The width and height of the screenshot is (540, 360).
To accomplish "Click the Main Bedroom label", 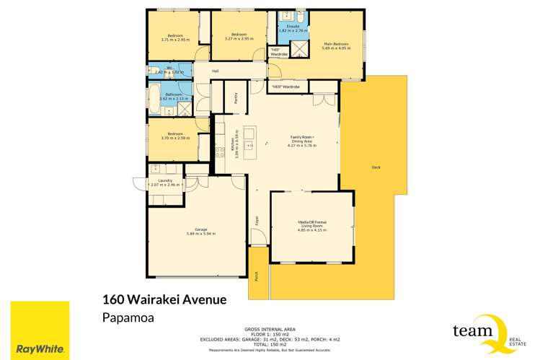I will [x=337, y=43].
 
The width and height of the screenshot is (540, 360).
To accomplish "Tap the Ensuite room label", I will [x=293, y=26].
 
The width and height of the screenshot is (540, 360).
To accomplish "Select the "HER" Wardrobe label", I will [x=286, y=87].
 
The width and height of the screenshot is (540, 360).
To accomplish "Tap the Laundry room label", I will [x=165, y=180].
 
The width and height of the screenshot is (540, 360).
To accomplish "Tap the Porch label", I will [x=257, y=276].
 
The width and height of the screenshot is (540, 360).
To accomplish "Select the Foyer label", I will [x=256, y=221].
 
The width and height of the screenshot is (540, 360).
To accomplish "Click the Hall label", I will [x=215, y=71].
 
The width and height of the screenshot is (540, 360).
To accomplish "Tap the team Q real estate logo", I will [x=484, y=332].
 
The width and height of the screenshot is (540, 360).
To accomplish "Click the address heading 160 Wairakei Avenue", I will [x=165, y=299].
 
